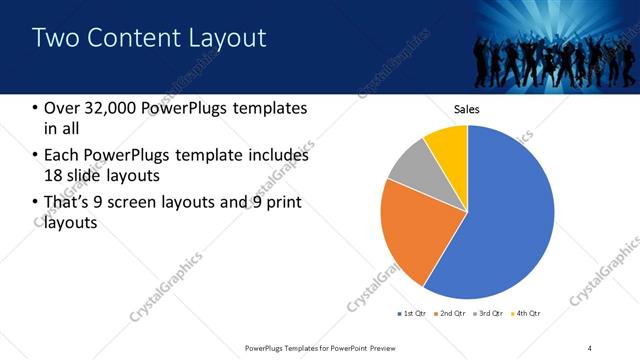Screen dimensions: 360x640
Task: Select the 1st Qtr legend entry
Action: pyautogui.click(x=412, y=314)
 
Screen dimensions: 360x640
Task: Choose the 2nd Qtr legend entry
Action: pyautogui.click(x=451, y=314)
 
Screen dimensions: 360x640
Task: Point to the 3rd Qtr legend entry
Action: pyautogui.click(x=490, y=314)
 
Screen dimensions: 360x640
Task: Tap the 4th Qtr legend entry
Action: pyautogui.click(x=528, y=314)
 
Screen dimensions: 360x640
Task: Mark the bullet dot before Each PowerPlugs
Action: pyautogui.click(x=36, y=156)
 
